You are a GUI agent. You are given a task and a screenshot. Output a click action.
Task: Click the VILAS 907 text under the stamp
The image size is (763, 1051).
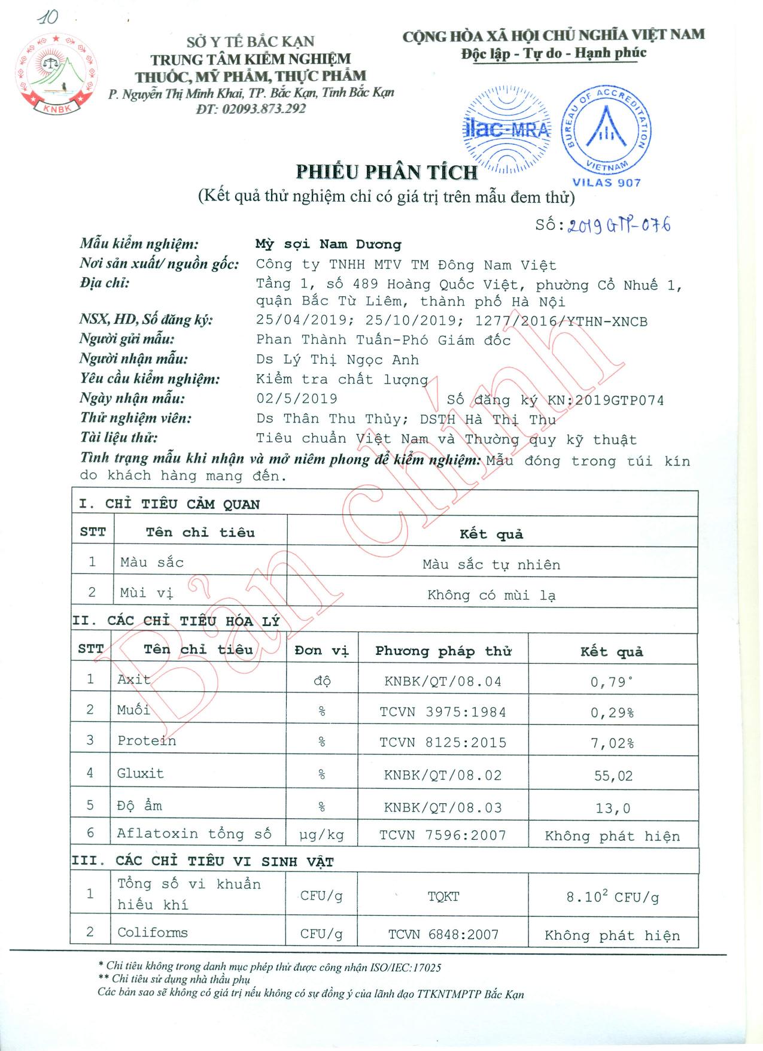[x=606, y=183]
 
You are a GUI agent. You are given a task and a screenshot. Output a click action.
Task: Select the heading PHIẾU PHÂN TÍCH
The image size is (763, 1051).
[x=387, y=172]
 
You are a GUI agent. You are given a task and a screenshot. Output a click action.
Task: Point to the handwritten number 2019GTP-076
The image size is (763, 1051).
[x=618, y=226]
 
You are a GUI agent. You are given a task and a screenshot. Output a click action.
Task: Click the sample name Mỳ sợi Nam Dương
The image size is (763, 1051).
[x=328, y=244]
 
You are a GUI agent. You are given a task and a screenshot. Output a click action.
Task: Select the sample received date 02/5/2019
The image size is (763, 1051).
[x=297, y=399]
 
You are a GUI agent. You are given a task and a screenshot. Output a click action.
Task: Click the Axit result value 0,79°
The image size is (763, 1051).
[x=612, y=682]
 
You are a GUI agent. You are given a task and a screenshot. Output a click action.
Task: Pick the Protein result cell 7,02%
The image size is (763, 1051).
[x=612, y=743]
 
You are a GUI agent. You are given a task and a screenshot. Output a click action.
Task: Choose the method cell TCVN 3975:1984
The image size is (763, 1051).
[x=443, y=712]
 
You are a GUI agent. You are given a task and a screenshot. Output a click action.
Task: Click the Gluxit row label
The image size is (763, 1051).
[x=140, y=773]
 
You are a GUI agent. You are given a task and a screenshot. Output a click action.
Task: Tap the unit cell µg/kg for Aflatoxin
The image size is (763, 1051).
[x=321, y=835]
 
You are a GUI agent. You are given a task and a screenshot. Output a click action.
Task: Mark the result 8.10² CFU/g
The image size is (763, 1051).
[x=612, y=897]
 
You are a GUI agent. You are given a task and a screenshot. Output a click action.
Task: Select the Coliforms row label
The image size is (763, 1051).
[x=153, y=932]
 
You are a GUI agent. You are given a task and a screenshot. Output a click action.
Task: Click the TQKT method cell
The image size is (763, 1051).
[x=443, y=897]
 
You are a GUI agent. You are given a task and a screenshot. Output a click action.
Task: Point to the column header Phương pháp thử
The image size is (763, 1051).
[x=443, y=651]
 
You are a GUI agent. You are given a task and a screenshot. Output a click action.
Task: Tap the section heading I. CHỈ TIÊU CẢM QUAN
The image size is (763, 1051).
[x=169, y=504]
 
